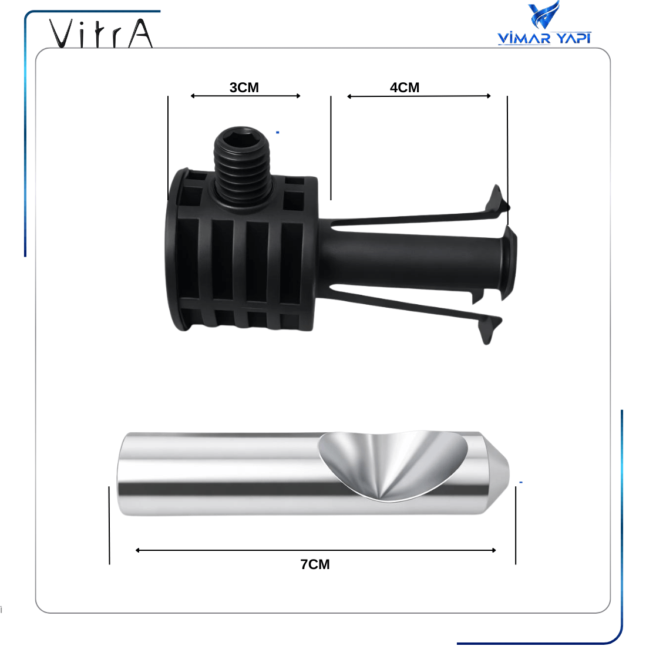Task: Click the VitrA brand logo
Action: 101,33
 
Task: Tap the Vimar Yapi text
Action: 544,38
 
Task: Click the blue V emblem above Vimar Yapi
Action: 544,15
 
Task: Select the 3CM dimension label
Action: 244,88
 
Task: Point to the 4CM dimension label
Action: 405,88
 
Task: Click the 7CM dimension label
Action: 315,564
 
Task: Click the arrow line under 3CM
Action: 245,96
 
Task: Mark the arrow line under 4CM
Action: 419,96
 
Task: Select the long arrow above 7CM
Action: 315,550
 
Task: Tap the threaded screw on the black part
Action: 242,165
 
